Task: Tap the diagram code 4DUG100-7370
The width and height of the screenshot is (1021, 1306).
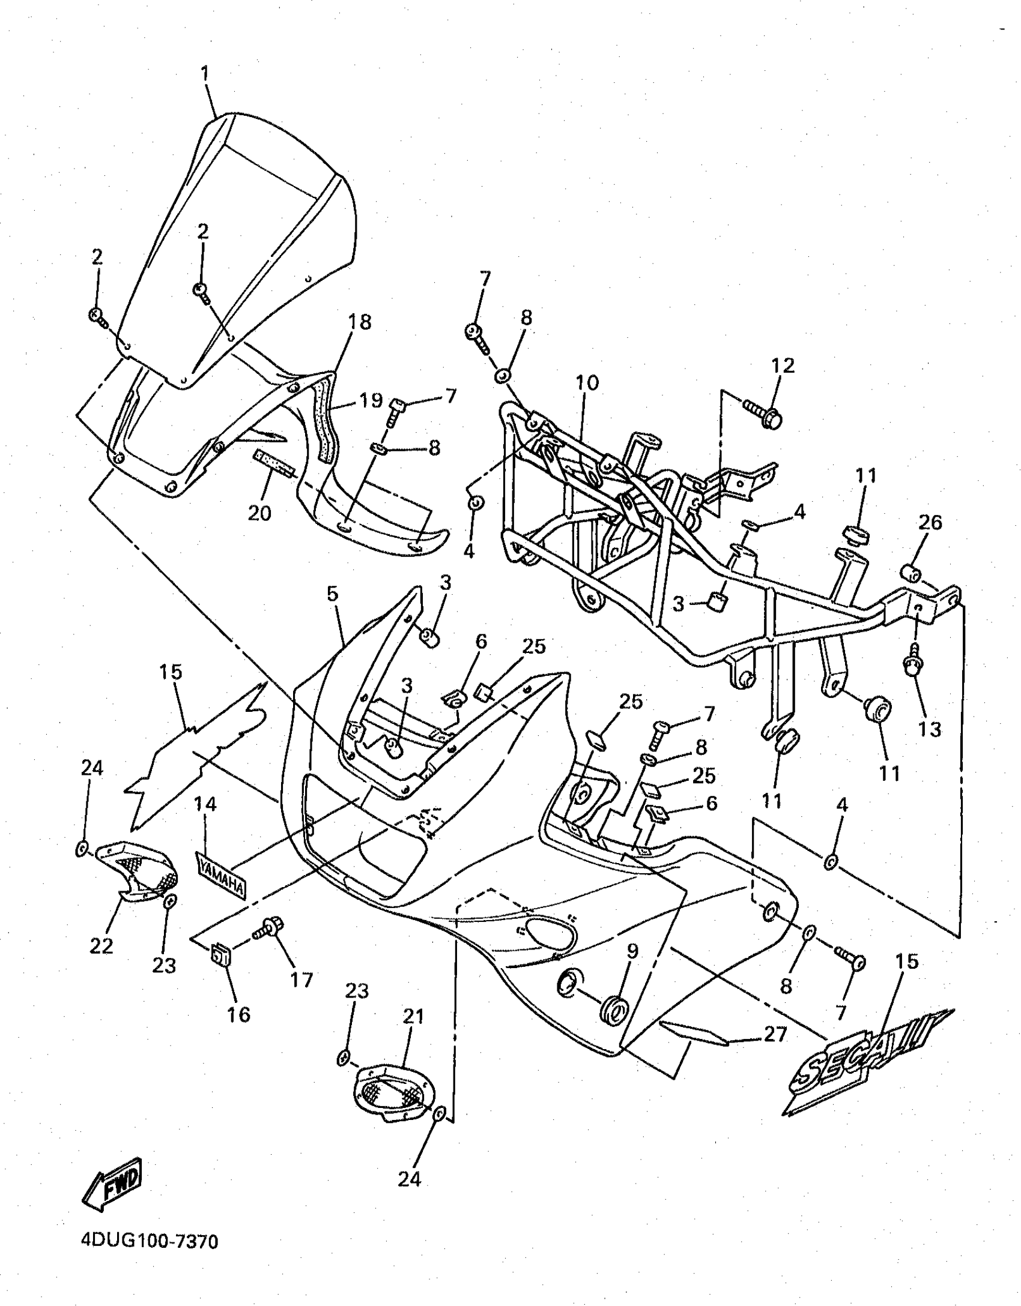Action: coord(149,1254)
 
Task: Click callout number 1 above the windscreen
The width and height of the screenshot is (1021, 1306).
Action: coord(205,74)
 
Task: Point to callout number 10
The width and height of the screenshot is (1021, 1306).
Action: coord(587,382)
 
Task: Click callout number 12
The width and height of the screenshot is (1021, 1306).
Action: coord(783,366)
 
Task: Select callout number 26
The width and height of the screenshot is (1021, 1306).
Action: coord(930,522)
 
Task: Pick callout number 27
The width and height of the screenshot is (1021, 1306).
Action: coord(774,1034)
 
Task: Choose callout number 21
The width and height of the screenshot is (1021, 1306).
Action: coord(414,1016)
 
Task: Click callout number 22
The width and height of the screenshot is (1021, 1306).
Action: coord(101,946)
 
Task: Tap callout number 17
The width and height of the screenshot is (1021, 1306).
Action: coord(301,979)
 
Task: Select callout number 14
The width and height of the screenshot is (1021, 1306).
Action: coord(205,804)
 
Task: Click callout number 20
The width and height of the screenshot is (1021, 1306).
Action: coord(259,513)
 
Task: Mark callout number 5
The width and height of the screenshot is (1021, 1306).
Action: coord(333,594)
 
